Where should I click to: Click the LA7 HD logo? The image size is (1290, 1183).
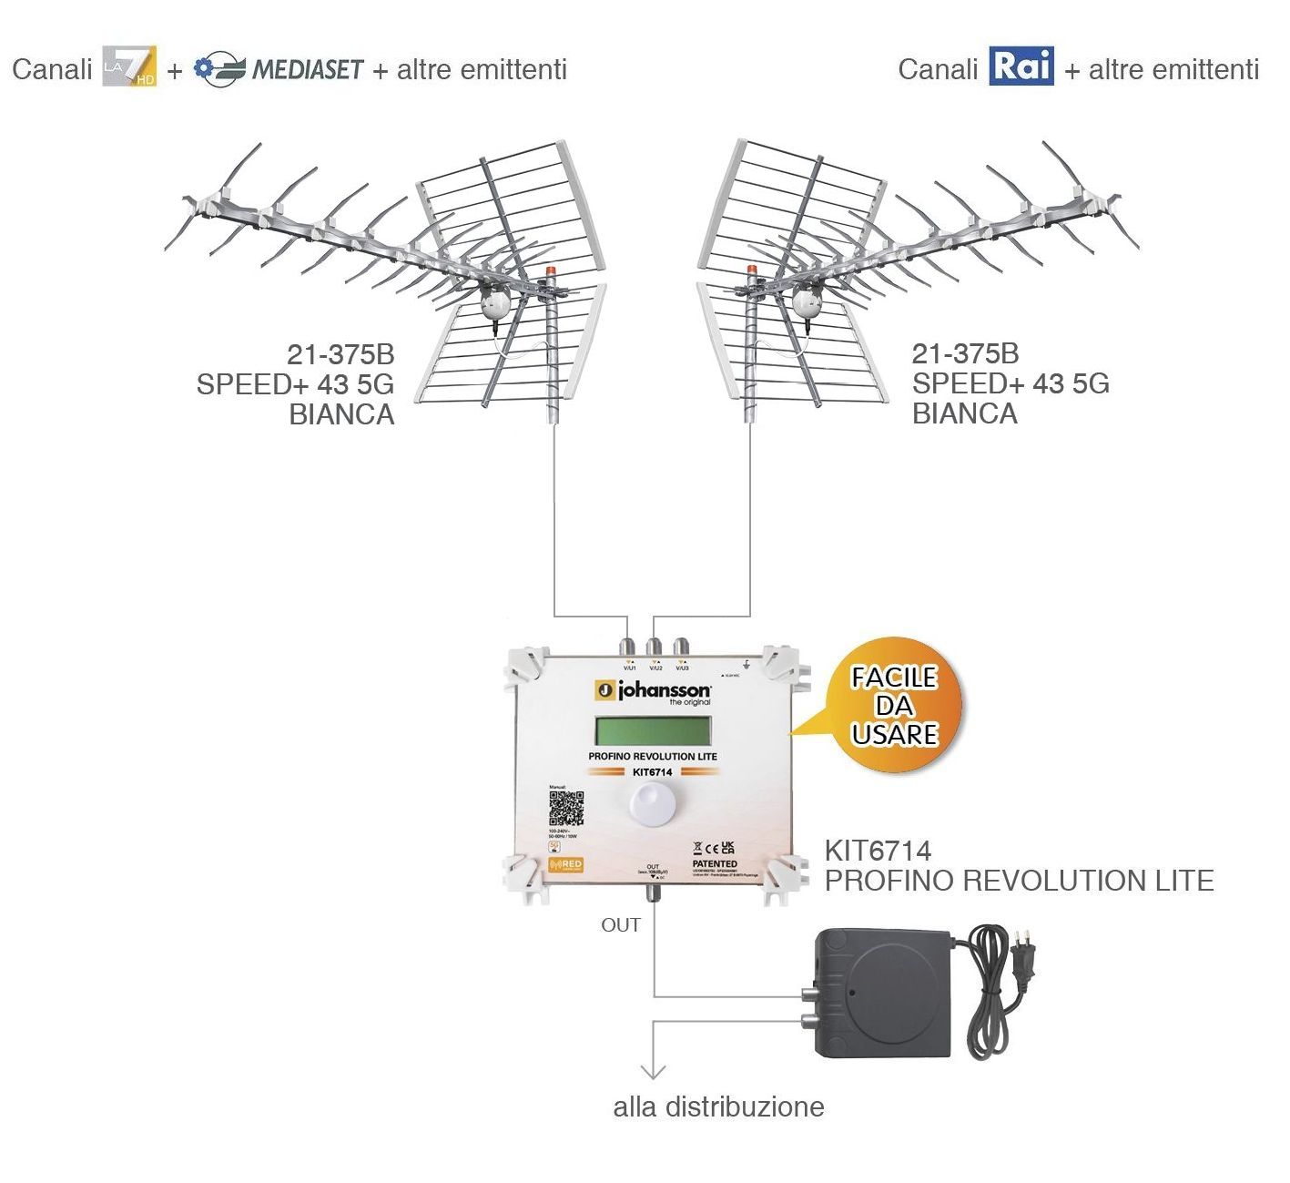129,66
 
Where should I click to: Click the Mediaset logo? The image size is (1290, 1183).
279,69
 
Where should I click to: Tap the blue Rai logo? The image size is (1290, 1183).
1021,66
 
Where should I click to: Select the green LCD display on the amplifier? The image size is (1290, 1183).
653,730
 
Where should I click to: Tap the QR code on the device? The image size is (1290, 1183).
566,808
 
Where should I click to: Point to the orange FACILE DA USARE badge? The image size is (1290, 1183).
895,706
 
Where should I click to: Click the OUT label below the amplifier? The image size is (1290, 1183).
621,925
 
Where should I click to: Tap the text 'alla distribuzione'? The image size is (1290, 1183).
718,1107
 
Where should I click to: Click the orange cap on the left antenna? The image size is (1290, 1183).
550,272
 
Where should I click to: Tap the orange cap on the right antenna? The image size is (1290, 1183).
752,271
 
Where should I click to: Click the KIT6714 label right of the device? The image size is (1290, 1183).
878,851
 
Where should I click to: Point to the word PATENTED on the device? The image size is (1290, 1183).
715,863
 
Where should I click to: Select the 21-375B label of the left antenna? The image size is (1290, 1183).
340,354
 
